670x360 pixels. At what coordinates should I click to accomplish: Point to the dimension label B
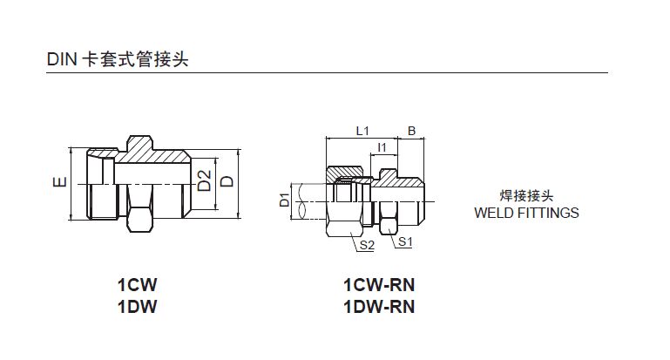[x=411, y=131]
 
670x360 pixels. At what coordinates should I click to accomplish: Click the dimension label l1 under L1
[x=381, y=148]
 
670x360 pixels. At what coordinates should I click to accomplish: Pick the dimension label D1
[x=284, y=200]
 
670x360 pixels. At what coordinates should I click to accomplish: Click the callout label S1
[x=404, y=241]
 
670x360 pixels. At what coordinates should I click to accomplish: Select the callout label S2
[x=367, y=246]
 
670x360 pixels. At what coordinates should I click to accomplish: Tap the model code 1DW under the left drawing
[x=140, y=306]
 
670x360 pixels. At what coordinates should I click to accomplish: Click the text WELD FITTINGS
[x=526, y=212]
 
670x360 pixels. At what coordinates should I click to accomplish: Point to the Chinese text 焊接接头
[x=526, y=195]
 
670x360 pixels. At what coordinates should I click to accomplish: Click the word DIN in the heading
[x=62, y=60]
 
